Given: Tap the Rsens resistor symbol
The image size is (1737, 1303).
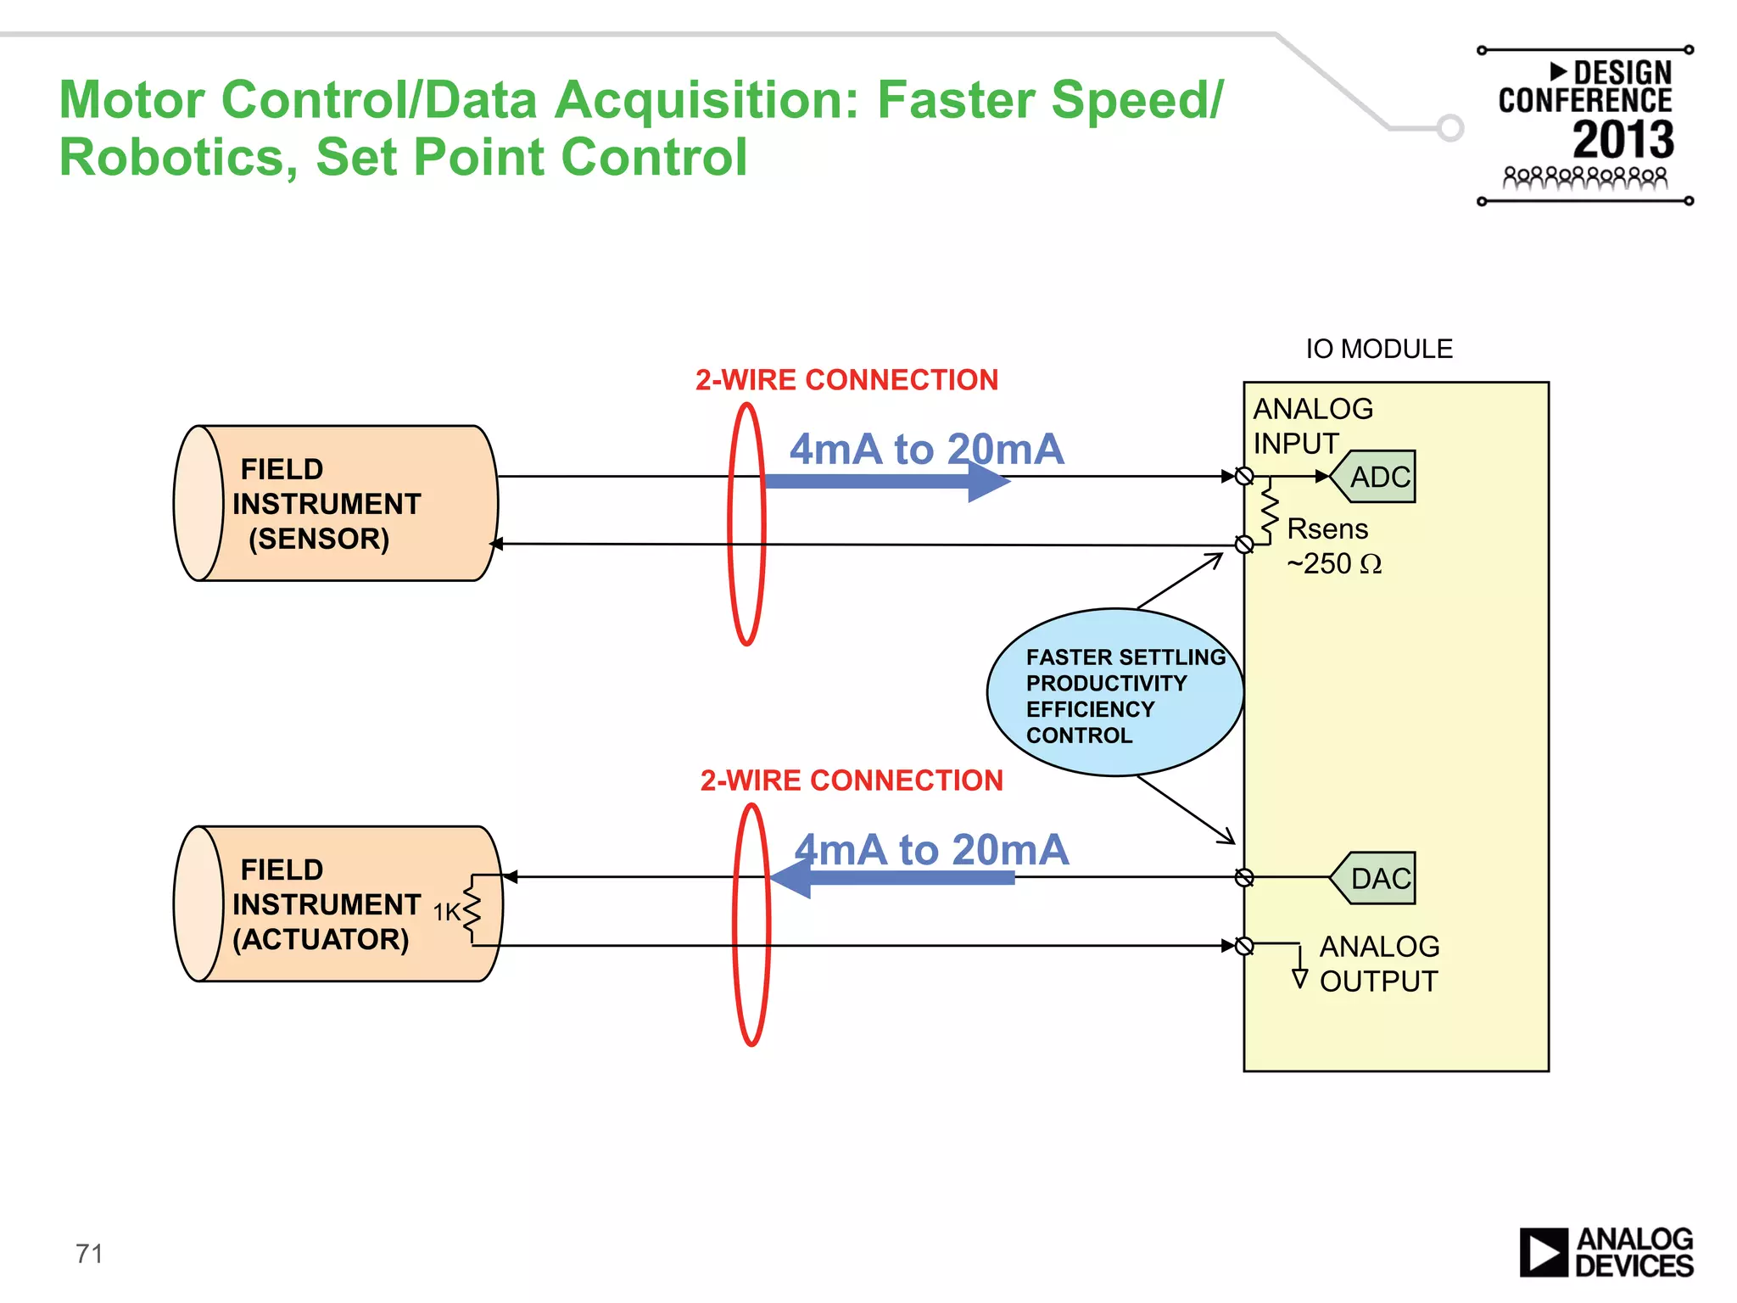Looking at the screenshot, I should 1270,511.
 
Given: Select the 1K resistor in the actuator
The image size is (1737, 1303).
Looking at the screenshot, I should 472,911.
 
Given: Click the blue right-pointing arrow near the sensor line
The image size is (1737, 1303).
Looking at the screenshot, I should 886,482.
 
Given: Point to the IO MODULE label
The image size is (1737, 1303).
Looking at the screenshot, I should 1378,349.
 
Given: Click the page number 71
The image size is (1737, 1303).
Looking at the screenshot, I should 89,1253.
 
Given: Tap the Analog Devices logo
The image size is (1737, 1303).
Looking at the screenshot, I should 1606,1252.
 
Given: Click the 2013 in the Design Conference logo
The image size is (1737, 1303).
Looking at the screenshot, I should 1623,140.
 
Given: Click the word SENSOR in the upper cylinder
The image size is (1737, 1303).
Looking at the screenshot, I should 319,539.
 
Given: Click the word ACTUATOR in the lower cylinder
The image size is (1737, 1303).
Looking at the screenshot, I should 321,939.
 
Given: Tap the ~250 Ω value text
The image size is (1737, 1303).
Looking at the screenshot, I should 1334,563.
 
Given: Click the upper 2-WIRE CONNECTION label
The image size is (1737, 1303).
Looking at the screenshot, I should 846,380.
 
